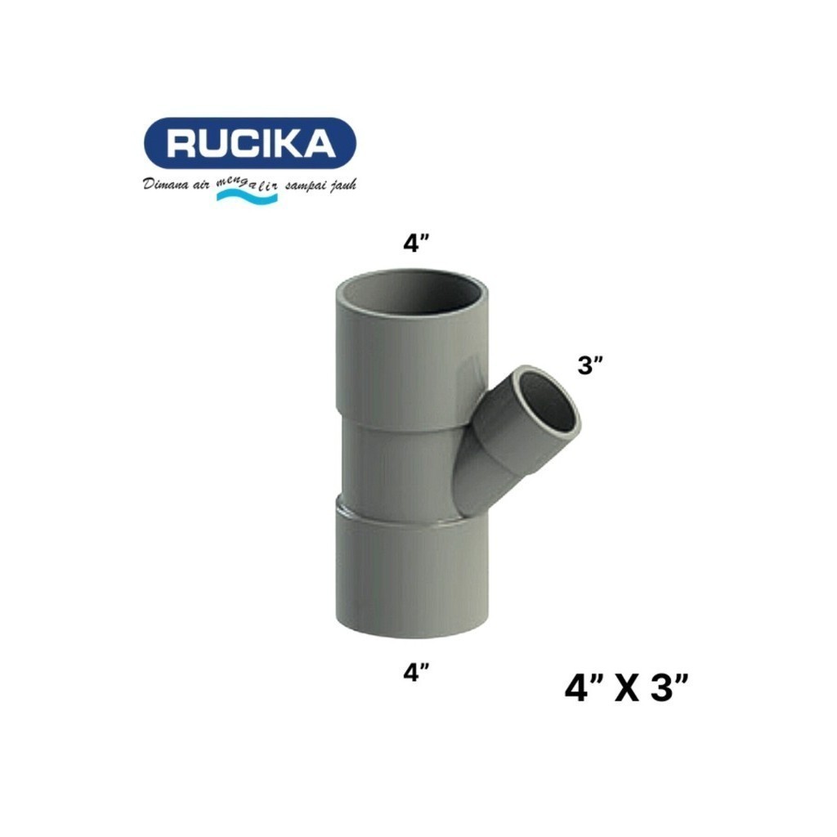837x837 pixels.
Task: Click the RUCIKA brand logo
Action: tap(250, 144)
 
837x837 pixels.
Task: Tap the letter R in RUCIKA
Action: tap(181, 144)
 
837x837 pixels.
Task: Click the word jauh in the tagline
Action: tap(342, 186)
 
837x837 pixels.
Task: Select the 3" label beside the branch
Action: tap(591, 365)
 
